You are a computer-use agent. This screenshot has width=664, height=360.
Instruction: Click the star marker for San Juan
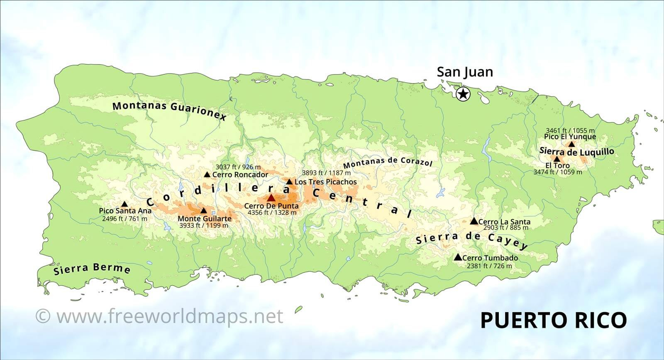coord(463,94)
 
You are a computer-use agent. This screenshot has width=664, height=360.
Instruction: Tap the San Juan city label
coord(465,72)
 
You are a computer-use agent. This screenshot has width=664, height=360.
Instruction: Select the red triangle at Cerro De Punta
coord(271,198)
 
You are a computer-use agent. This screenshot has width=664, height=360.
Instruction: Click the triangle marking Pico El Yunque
coord(572,144)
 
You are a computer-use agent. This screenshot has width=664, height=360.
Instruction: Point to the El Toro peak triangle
coord(557,159)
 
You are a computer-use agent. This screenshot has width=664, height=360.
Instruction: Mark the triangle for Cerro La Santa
coord(474,221)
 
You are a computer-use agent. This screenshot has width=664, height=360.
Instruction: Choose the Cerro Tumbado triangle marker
coord(458,257)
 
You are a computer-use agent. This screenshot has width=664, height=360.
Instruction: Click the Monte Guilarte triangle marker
coord(203,211)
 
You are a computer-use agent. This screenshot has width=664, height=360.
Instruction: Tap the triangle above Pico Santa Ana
coord(124,204)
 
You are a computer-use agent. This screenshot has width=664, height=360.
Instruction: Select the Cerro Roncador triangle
coord(207,174)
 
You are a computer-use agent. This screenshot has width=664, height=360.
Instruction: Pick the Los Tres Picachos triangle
coord(289,181)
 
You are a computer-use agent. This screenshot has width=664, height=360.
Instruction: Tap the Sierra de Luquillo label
coord(576,152)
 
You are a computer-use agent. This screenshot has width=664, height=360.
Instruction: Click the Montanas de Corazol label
coord(388,162)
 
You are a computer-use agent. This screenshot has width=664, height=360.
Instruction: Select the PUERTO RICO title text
coord(553,320)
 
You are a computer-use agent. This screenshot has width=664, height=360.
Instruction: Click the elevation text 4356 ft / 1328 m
coord(272,213)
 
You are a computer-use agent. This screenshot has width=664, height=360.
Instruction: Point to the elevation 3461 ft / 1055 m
coord(570,130)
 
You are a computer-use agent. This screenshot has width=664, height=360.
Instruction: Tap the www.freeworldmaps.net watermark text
coord(170,316)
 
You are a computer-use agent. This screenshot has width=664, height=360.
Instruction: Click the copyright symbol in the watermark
coord(43,316)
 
